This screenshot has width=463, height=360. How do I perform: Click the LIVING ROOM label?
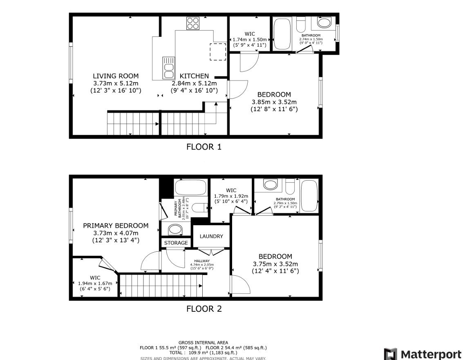[116, 76]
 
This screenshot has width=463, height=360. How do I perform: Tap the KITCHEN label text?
[194, 76]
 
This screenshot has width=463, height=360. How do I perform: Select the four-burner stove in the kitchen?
[192, 23]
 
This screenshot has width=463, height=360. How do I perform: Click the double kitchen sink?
[168, 67]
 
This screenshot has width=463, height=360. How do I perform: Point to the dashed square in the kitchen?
[218, 51]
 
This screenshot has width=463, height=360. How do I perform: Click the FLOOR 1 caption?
[204, 147]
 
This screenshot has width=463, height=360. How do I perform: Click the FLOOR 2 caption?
[204, 309]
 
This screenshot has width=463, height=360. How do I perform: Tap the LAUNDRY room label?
[211, 236]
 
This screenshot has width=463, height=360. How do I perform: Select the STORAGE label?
[176, 243]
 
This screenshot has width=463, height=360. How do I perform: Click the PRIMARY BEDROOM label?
[116, 226]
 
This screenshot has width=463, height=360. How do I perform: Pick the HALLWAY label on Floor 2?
[202, 261]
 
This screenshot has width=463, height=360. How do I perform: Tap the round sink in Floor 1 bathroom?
[325, 22]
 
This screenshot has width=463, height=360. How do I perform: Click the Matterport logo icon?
[390, 353]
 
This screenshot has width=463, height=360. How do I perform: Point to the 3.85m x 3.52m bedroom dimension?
[274, 102]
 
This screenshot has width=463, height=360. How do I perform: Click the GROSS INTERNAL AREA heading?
[203, 342]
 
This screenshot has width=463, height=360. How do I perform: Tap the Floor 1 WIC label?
[250, 33]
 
